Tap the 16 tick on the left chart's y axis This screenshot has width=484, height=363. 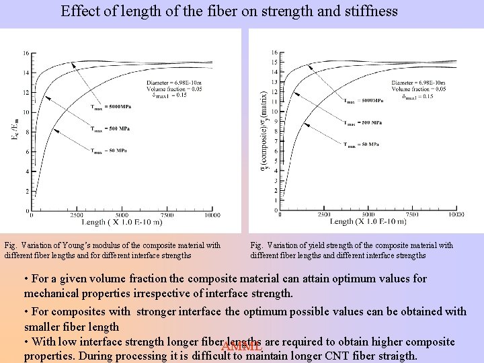26,53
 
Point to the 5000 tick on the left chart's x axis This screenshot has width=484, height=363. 122,216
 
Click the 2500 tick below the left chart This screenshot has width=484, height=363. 76,216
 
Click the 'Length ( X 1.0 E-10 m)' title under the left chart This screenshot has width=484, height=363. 122,222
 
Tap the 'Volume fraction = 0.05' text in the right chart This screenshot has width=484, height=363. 418,89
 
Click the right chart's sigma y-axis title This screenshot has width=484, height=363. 264,131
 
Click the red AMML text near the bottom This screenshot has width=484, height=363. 241,347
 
